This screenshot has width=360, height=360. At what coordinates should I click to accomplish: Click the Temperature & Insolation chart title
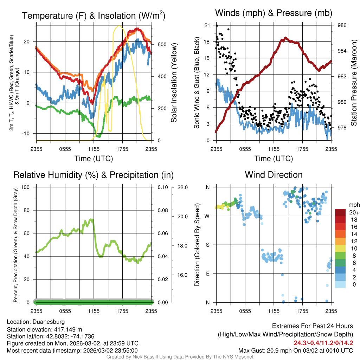[x=94, y=15]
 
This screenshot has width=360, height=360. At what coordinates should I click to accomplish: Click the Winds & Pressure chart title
[x=274, y=13]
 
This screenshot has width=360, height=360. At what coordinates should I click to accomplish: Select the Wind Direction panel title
[x=274, y=175]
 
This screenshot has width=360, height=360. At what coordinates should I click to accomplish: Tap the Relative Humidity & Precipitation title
[x=94, y=175]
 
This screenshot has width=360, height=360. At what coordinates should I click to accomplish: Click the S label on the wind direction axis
[x=207, y=245]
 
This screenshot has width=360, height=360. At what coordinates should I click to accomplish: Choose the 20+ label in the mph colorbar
[x=354, y=213]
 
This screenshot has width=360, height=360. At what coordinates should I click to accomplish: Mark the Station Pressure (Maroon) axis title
[x=354, y=83]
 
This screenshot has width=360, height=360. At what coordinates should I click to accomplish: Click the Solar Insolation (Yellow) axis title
[x=174, y=83]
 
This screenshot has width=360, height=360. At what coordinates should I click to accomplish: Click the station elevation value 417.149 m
[x=67, y=329]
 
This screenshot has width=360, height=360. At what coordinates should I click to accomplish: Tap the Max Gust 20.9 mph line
[x=296, y=350]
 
